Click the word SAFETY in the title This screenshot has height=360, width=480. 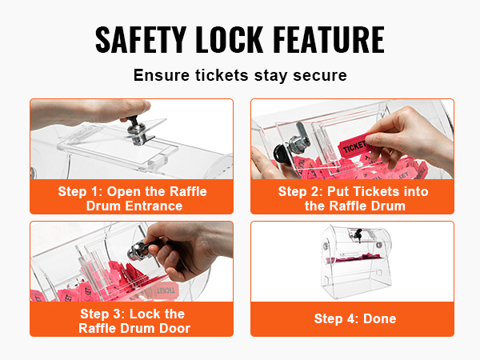pos(141,39)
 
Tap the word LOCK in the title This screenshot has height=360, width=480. pos(230,39)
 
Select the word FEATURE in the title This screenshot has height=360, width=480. pos(329,39)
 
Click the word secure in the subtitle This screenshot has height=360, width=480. pos(319,75)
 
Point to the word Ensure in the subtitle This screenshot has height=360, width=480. pos(162,75)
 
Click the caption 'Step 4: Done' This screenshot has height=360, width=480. pos(355,318)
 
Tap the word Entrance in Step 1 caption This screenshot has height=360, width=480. pos(154,206)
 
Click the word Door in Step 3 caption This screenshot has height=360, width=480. pos(174,328)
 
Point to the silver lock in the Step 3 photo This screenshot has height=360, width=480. pos(137,250)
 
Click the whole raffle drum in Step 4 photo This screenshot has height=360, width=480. pos(356,262)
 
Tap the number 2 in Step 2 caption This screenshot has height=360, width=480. pos(315,192)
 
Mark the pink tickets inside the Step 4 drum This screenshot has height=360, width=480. pos(356,258)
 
